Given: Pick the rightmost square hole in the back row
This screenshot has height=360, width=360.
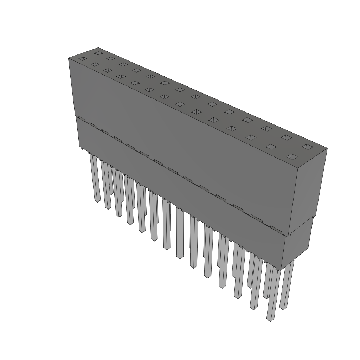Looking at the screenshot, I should tap(307, 146).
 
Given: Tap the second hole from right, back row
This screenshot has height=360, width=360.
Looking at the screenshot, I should tap(286, 137).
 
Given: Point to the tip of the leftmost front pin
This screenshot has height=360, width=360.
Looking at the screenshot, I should tap(97, 200).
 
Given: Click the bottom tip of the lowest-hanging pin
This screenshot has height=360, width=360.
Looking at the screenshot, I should tap(270, 320).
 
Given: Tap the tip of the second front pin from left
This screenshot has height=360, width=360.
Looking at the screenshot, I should tap(108, 207).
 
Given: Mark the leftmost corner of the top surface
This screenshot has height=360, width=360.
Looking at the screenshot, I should tap(68, 58).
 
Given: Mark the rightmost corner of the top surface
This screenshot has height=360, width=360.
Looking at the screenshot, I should tap(327, 148).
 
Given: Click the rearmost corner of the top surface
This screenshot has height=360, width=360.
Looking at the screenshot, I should tap(98, 47).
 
